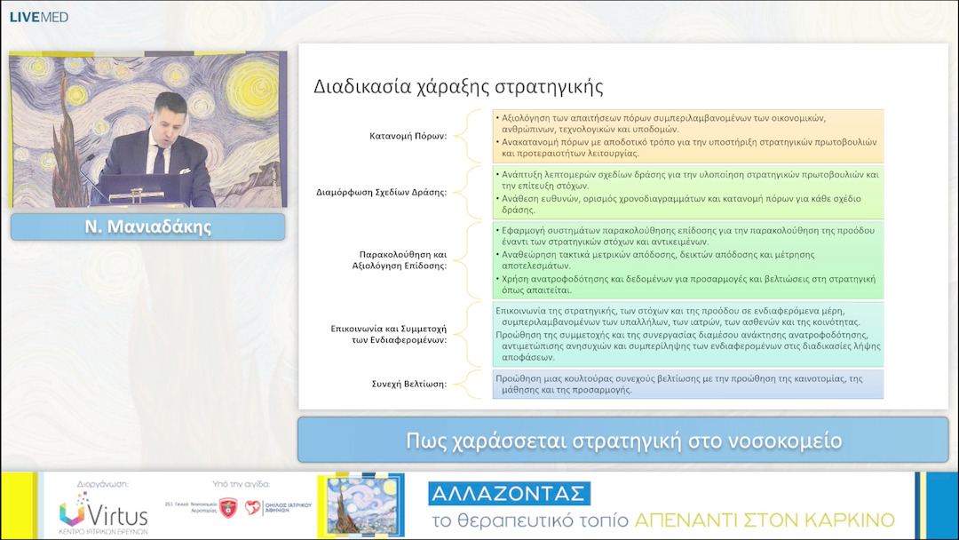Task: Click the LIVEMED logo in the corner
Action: coord(39,17)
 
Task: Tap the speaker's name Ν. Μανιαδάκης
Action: coord(147,226)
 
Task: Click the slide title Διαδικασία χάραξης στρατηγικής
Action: coord(458,87)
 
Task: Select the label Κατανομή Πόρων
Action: coord(408,136)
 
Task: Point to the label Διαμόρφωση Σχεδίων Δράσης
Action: coord(381,192)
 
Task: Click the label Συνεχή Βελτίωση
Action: coord(408,384)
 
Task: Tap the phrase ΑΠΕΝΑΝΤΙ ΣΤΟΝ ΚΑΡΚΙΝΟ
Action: coord(765,520)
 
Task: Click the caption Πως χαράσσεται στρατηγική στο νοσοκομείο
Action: coord(623,441)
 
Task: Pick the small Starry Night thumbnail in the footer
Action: coord(361,504)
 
